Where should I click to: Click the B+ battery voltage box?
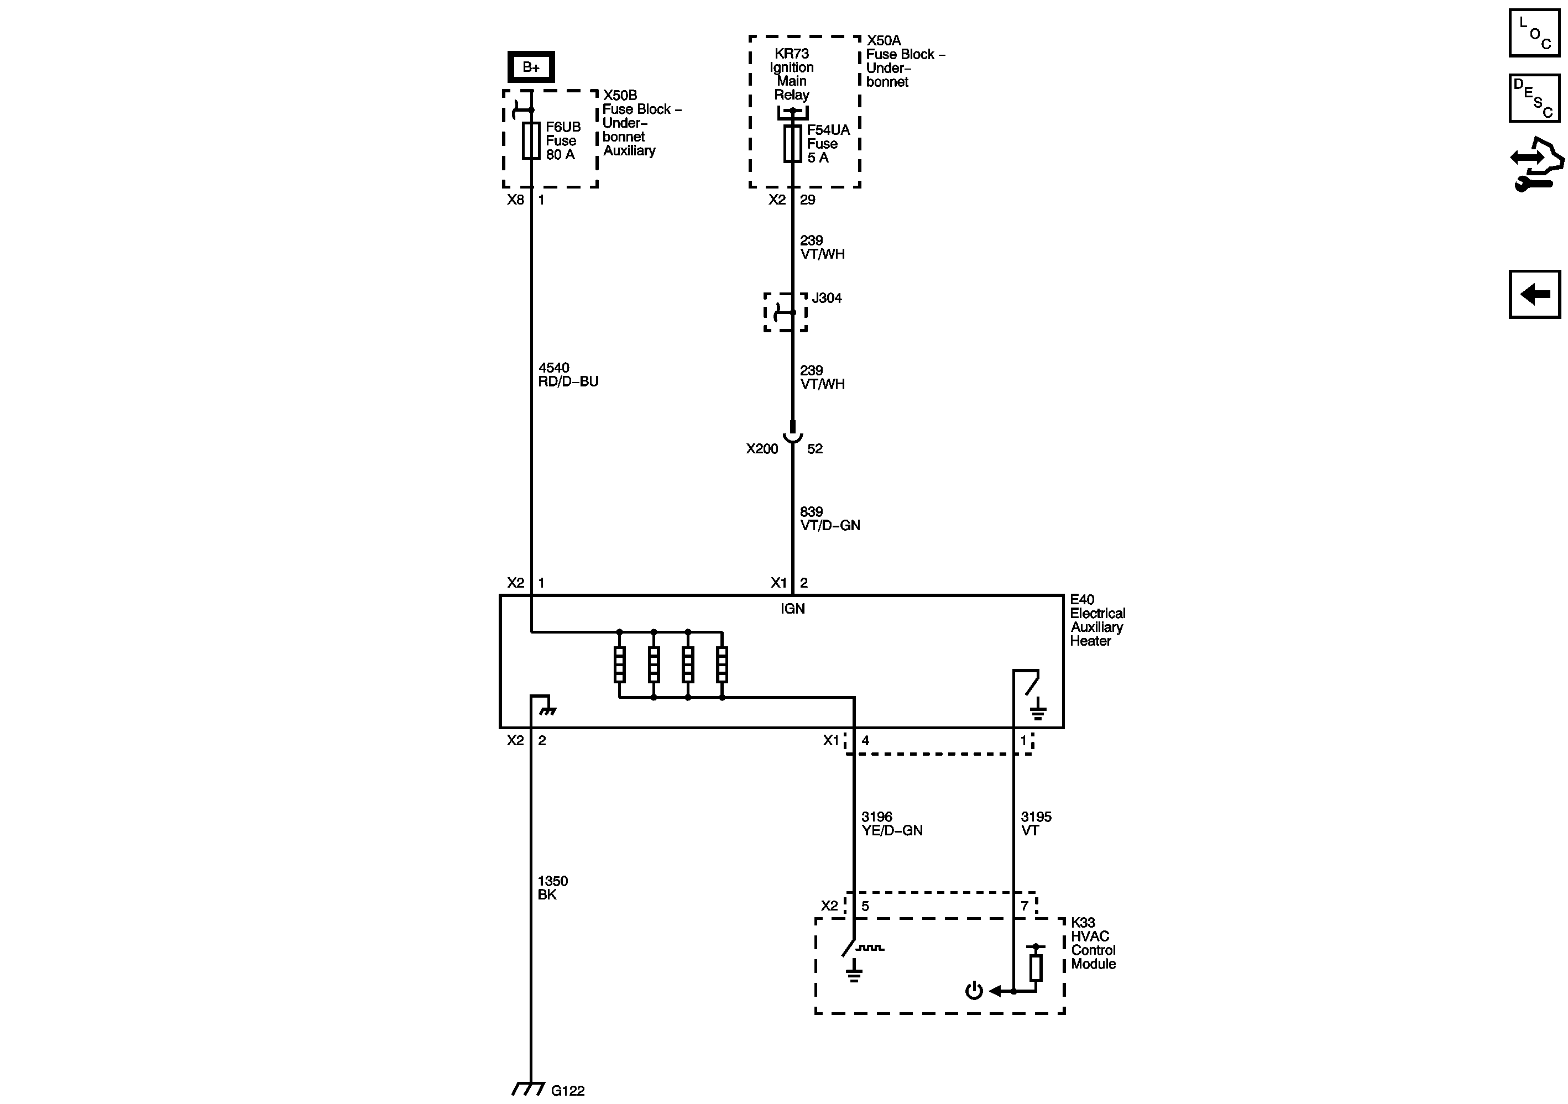pyautogui.click(x=531, y=67)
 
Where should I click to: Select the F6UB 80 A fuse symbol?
pyautogui.click(x=531, y=140)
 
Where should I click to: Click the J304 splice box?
pyautogui.click(x=785, y=312)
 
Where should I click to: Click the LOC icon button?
pyautogui.click(x=1534, y=33)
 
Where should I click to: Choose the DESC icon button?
pyautogui.click(x=1534, y=98)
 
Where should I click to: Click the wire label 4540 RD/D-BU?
pyautogui.click(x=567, y=375)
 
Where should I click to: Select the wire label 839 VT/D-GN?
pyautogui.click(x=829, y=518)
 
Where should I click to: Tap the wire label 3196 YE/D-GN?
pyautogui.click(x=891, y=823)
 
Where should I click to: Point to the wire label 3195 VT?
pyautogui.click(x=1036, y=823)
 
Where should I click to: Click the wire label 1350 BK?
pyautogui.click(x=552, y=888)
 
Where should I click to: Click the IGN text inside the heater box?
pyautogui.click(x=792, y=608)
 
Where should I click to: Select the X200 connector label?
pyautogui.click(x=761, y=448)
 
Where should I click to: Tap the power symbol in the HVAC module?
pyautogui.click(x=974, y=991)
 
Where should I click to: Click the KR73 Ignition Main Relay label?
pyautogui.click(x=792, y=74)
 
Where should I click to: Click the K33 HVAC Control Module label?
pyautogui.click(x=1093, y=943)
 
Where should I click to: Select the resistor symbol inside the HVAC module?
pyautogui.click(x=1036, y=967)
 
